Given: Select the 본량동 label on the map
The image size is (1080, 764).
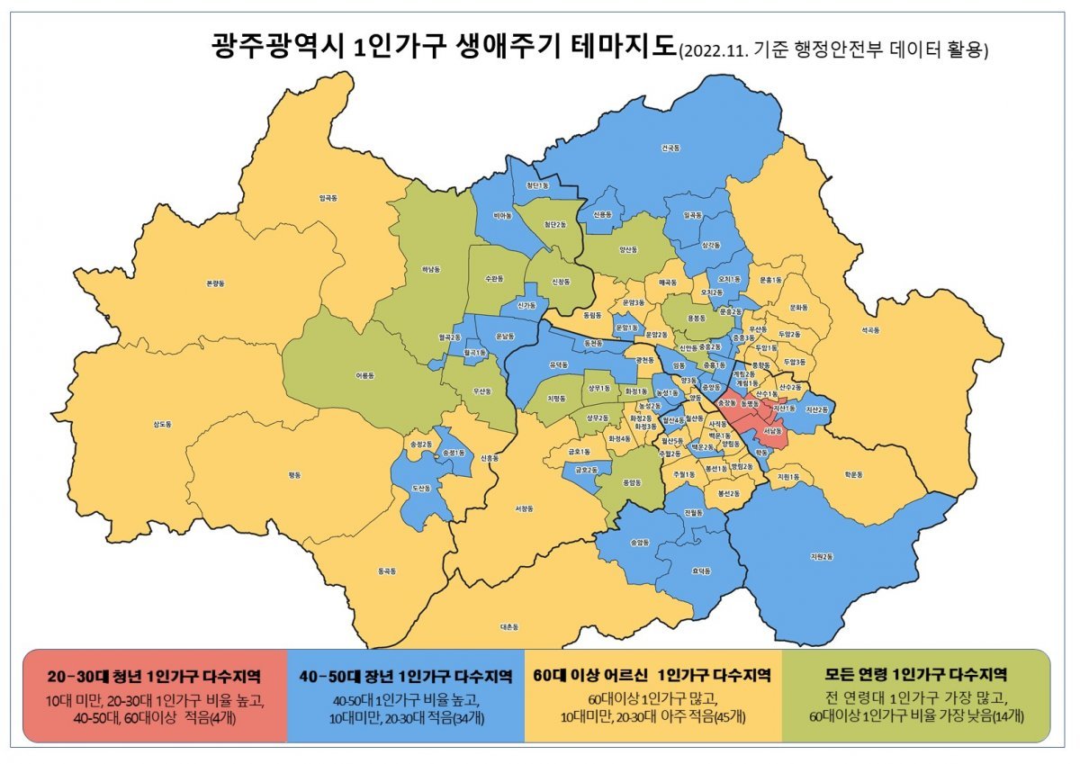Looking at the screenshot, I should coord(215,283).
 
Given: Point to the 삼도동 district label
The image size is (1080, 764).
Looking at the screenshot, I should coord(163,423).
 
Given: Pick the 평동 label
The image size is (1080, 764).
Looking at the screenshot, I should coord(293,476).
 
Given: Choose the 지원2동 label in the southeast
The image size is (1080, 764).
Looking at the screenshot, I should coord(823,556).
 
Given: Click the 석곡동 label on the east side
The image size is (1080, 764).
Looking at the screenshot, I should coord(869,330).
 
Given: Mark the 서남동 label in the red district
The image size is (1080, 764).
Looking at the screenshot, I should coord(747,431).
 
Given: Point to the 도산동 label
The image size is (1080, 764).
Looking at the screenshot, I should coord(420,488).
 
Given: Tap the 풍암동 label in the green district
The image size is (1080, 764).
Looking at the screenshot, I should coord(632,482).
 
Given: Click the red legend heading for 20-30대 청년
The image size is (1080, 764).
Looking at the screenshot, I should coord(154,674).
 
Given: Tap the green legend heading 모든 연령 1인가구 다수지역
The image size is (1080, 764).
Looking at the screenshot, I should coord(915,673).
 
